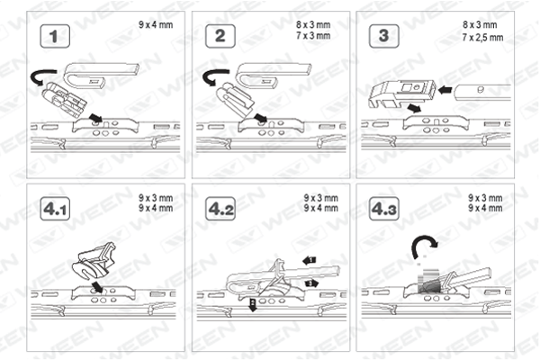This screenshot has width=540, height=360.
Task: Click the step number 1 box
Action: [55, 36]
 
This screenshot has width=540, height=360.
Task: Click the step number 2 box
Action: [220, 36]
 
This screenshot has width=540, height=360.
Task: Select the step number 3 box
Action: [384, 36]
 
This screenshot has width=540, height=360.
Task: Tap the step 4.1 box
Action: [55, 209]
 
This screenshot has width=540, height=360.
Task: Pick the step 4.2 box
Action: [220, 209]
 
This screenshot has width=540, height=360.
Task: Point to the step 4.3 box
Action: [384, 209]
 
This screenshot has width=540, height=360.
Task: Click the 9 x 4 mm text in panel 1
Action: [156, 25]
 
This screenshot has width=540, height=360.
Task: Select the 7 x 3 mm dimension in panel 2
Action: [313, 36]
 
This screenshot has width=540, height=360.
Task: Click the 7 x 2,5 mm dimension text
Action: [482, 37]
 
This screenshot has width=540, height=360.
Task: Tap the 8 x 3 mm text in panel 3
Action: [480, 25]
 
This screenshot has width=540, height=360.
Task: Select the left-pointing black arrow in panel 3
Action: [445, 90]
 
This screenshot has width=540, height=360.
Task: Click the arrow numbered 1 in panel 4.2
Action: [310, 260]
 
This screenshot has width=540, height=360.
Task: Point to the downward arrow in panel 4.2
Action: [253, 305]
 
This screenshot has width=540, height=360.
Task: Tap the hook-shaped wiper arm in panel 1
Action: [102, 76]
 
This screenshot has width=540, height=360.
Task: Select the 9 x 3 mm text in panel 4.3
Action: [485, 198]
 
